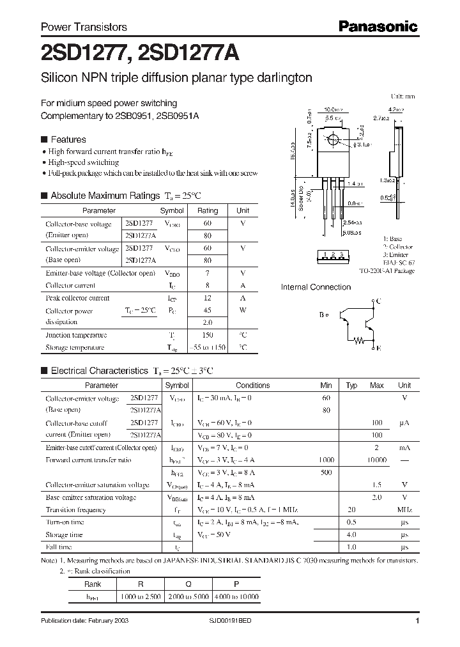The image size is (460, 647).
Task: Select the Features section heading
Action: [x=68, y=139]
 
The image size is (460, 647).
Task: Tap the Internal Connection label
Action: [x=316, y=287]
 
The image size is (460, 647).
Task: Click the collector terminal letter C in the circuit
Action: [x=379, y=301]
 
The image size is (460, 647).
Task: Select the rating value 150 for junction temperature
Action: [x=208, y=335]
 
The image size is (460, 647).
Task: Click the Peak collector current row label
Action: [x=77, y=298]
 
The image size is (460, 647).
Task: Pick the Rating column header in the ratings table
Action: [x=208, y=210]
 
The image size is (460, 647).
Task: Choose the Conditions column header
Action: [x=253, y=386]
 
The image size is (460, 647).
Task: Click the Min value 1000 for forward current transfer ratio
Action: [x=326, y=460]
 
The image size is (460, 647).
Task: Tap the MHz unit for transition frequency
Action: [x=404, y=510]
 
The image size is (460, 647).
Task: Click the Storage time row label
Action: [x=64, y=534]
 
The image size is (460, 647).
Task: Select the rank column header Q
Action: [x=187, y=584]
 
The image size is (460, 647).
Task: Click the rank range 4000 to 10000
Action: [x=236, y=596]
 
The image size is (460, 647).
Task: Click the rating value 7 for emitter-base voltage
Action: [x=208, y=273]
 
